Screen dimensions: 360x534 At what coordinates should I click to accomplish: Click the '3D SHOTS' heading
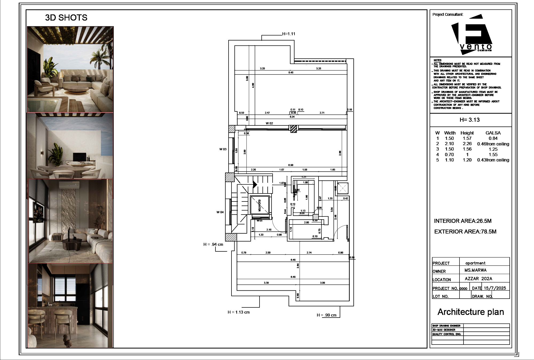point(66,18)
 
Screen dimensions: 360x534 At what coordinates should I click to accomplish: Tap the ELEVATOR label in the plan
point(259,205)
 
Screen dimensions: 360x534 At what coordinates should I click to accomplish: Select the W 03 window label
point(223,149)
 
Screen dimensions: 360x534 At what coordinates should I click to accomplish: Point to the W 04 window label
point(220,212)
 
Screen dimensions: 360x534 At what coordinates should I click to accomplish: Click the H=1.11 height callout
point(289,34)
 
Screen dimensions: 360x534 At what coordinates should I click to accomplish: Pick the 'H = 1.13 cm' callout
point(238,312)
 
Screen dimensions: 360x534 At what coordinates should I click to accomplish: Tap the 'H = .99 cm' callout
point(327,315)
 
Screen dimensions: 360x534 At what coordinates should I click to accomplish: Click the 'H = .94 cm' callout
point(213,244)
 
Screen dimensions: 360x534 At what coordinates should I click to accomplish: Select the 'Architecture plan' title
point(471,312)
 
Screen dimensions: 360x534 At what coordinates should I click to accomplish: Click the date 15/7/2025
point(495,288)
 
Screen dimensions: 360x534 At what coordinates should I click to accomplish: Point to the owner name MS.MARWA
point(476,270)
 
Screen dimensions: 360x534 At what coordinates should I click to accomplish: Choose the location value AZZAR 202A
point(478,279)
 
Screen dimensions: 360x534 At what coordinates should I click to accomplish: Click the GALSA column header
point(493,133)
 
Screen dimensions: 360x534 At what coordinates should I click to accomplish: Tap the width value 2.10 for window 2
point(449,144)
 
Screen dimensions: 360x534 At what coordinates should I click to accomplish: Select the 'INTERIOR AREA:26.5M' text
point(463,221)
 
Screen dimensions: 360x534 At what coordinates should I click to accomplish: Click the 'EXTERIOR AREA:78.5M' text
point(465,232)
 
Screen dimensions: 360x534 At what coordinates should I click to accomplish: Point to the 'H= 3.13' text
point(470,120)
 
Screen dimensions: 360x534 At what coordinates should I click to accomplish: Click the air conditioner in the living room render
point(69,185)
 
